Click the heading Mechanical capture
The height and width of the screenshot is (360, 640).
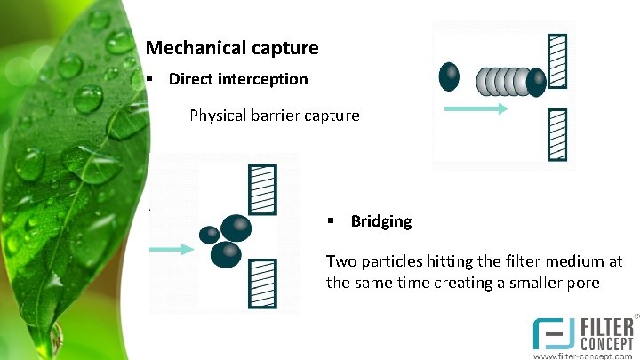(x=231, y=47)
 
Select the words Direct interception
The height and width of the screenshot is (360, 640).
(x=238, y=79)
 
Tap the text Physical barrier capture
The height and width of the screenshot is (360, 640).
(x=274, y=116)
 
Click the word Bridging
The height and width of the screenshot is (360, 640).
(x=381, y=221)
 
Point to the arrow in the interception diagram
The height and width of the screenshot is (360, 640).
(x=475, y=108)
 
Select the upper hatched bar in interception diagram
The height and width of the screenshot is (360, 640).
(x=557, y=60)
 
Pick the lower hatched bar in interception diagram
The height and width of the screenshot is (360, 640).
(x=557, y=132)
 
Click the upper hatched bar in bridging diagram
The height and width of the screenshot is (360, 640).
(x=264, y=189)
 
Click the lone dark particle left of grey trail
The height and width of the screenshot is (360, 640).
(x=450, y=76)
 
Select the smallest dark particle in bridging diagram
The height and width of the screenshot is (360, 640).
(x=209, y=235)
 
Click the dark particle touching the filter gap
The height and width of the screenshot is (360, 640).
(x=536, y=83)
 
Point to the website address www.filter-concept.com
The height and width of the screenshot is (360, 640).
(x=582, y=355)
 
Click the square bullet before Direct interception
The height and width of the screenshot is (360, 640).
(x=152, y=79)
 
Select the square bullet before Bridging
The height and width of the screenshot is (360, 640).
(x=329, y=221)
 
